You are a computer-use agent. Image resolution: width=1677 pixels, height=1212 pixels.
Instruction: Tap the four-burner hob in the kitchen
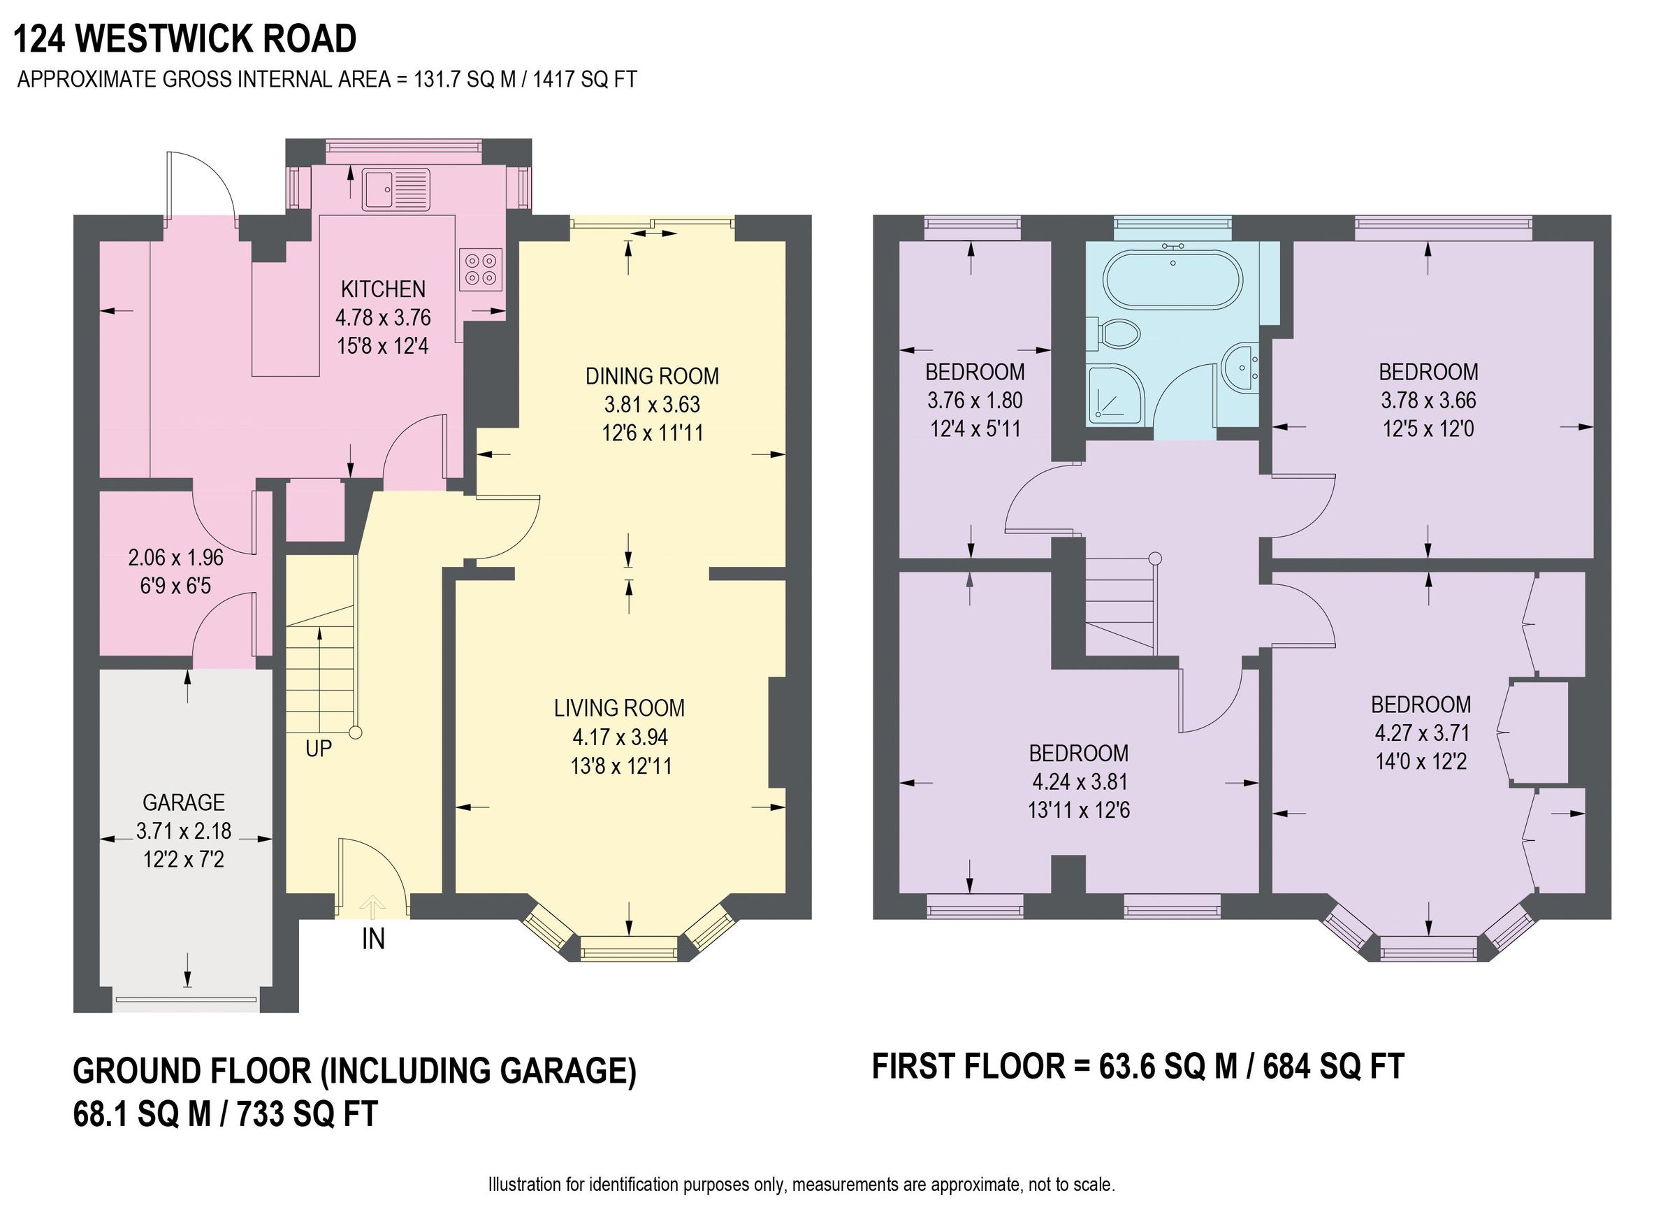point(481,269)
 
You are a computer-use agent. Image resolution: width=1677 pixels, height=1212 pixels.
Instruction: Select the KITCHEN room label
point(383,289)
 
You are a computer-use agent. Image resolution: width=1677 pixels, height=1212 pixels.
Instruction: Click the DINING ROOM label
point(651,377)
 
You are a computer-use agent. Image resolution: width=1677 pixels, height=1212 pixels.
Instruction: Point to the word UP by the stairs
point(318,749)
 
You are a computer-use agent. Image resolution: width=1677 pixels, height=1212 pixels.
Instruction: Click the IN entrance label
point(373,940)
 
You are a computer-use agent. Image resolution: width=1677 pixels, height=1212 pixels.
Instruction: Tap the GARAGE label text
point(183,802)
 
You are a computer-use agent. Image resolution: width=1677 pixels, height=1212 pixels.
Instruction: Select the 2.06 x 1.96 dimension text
point(176,558)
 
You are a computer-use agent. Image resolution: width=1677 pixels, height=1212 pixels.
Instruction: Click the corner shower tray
point(1115,394)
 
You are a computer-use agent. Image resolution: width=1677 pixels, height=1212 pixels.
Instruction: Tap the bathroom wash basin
point(1242,367)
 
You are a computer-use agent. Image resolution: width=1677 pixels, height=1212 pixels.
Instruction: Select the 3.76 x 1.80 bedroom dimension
point(975,401)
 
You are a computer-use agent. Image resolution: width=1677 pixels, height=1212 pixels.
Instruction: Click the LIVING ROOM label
point(619,709)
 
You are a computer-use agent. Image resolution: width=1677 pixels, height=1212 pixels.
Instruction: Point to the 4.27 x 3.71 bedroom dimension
point(1421,733)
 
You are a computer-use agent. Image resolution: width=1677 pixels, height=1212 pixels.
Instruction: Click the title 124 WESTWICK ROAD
point(185,39)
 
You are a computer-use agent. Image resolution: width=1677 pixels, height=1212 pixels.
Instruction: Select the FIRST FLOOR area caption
point(1138,1067)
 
